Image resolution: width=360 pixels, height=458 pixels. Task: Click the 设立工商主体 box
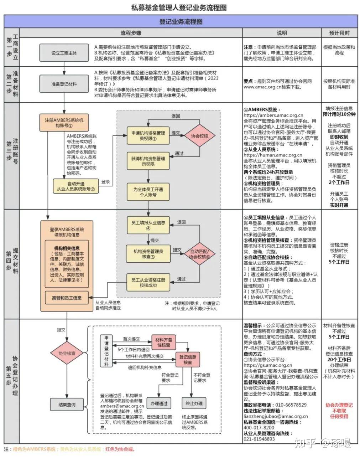(64, 53)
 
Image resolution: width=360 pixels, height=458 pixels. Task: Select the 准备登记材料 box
(64, 84)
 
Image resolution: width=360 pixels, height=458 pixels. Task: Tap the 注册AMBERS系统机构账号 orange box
(64, 123)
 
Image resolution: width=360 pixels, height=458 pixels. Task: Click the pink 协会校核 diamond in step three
(199, 136)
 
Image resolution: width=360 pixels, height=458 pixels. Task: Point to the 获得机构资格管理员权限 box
(148, 161)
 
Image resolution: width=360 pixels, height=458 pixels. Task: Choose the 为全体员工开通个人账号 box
(148, 192)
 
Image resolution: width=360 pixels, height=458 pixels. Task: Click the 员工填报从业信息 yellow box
(148, 225)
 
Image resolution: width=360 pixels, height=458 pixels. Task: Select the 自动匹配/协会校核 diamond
(199, 254)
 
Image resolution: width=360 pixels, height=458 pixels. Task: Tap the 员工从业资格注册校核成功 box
(148, 283)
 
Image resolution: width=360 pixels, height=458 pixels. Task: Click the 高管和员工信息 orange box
(67, 298)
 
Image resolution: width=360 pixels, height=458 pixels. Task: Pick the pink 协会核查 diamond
(67, 353)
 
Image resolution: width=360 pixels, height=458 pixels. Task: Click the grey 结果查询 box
(67, 405)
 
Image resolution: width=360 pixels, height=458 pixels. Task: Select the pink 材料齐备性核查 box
(164, 342)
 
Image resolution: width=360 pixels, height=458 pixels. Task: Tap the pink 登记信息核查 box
(188, 359)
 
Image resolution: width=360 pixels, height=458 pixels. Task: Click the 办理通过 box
(159, 403)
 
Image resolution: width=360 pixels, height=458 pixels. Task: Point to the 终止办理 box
(194, 403)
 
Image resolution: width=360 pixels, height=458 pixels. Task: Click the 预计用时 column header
(339, 33)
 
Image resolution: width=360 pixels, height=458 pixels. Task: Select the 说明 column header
(282, 33)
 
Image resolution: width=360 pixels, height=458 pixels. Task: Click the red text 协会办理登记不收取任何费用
(339, 411)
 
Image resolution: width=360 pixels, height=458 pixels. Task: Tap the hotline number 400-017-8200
(259, 427)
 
